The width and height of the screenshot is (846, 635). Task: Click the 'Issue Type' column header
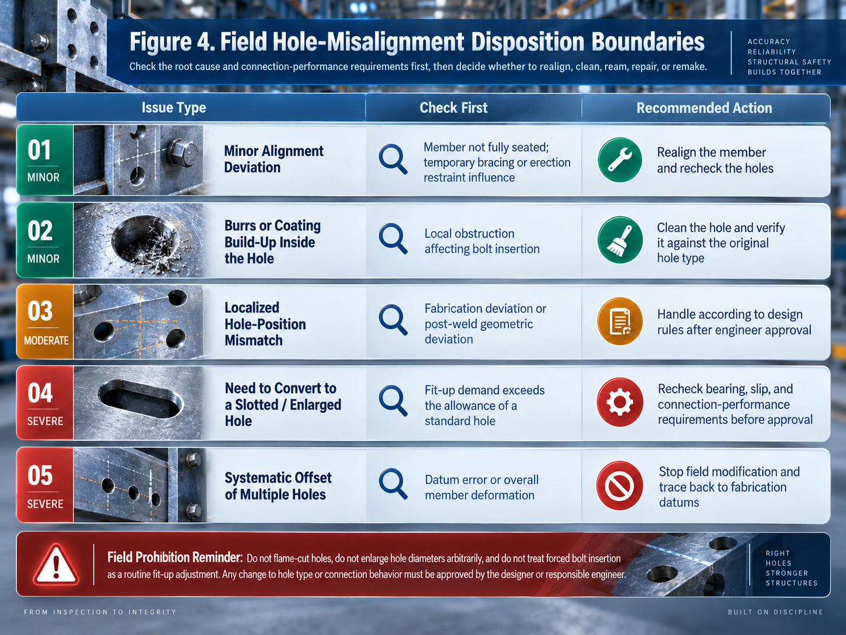pyautogui.click(x=174, y=108)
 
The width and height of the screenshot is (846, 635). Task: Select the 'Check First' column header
pyautogui.click(x=453, y=108)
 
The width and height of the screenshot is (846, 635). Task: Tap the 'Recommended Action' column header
pyautogui.click(x=704, y=108)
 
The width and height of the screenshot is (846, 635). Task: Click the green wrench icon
pyautogui.click(x=619, y=160)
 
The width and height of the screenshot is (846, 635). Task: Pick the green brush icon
pyautogui.click(x=620, y=240)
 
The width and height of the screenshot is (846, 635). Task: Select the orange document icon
pyautogui.click(x=620, y=321)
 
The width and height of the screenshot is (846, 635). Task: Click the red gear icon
pyautogui.click(x=620, y=402)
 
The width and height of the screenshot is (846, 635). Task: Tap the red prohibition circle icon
pyautogui.click(x=619, y=486)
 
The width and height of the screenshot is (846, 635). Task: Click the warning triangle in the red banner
pyautogui.click(x=56, y=565)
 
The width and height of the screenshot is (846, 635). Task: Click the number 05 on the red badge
pyautogui.click(x=40, y=475)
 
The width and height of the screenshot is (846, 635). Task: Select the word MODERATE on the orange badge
pyautogui.click(x=46, y=340)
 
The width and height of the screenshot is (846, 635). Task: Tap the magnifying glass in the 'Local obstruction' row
pyautogui.click(x=393, y=239)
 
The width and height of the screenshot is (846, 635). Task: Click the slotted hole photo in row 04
pyautogui.click(x=138, y=403)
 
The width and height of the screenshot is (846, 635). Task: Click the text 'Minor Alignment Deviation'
pyautogui.click(x=273, y=159)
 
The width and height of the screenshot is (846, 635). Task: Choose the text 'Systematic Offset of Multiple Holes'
pyautogui.click(x=278, y=486)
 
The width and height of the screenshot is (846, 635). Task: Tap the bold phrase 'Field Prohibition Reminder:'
pyautogui.click(x=175, y=557)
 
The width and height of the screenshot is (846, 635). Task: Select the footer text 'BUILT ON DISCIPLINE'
pyautogui.click(x=775, y=612)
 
